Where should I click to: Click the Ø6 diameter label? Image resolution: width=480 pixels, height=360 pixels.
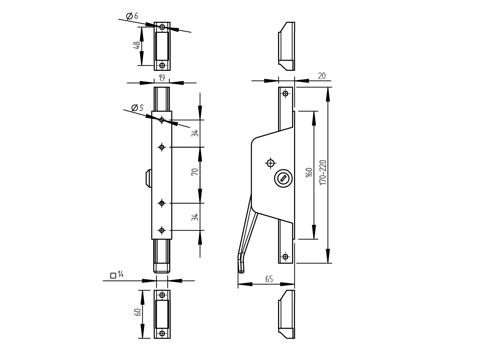coord(132,16)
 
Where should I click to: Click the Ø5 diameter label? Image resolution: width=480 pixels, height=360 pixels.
coord(137,108)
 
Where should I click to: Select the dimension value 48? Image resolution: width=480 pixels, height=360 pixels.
coord(137,46)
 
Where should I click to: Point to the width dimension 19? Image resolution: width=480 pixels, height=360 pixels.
coord(162,78)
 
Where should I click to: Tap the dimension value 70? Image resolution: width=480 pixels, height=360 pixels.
coord(195,172)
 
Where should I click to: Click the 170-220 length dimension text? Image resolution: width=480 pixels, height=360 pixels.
coord(323,172)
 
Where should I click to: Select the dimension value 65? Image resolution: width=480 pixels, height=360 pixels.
coord(269,279)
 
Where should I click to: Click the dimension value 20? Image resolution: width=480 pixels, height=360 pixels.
coord(321,76)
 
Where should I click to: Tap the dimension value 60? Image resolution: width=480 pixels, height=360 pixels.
coord(138,312)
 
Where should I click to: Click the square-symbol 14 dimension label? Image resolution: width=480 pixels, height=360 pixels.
coord(117,275)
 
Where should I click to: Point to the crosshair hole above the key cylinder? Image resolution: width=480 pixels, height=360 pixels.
coord(270,163)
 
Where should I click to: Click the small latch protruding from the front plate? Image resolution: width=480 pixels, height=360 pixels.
coord(148,178)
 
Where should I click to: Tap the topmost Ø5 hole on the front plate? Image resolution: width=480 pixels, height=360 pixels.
coord(162,120)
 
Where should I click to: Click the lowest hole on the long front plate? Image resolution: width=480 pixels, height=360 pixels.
coord(162,230)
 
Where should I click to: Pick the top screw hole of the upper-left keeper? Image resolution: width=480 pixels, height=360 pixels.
coord(162,27)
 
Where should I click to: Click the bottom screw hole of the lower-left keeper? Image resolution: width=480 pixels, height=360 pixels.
coord(162,334)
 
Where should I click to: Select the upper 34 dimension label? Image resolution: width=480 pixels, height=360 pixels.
coord(195,133)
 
